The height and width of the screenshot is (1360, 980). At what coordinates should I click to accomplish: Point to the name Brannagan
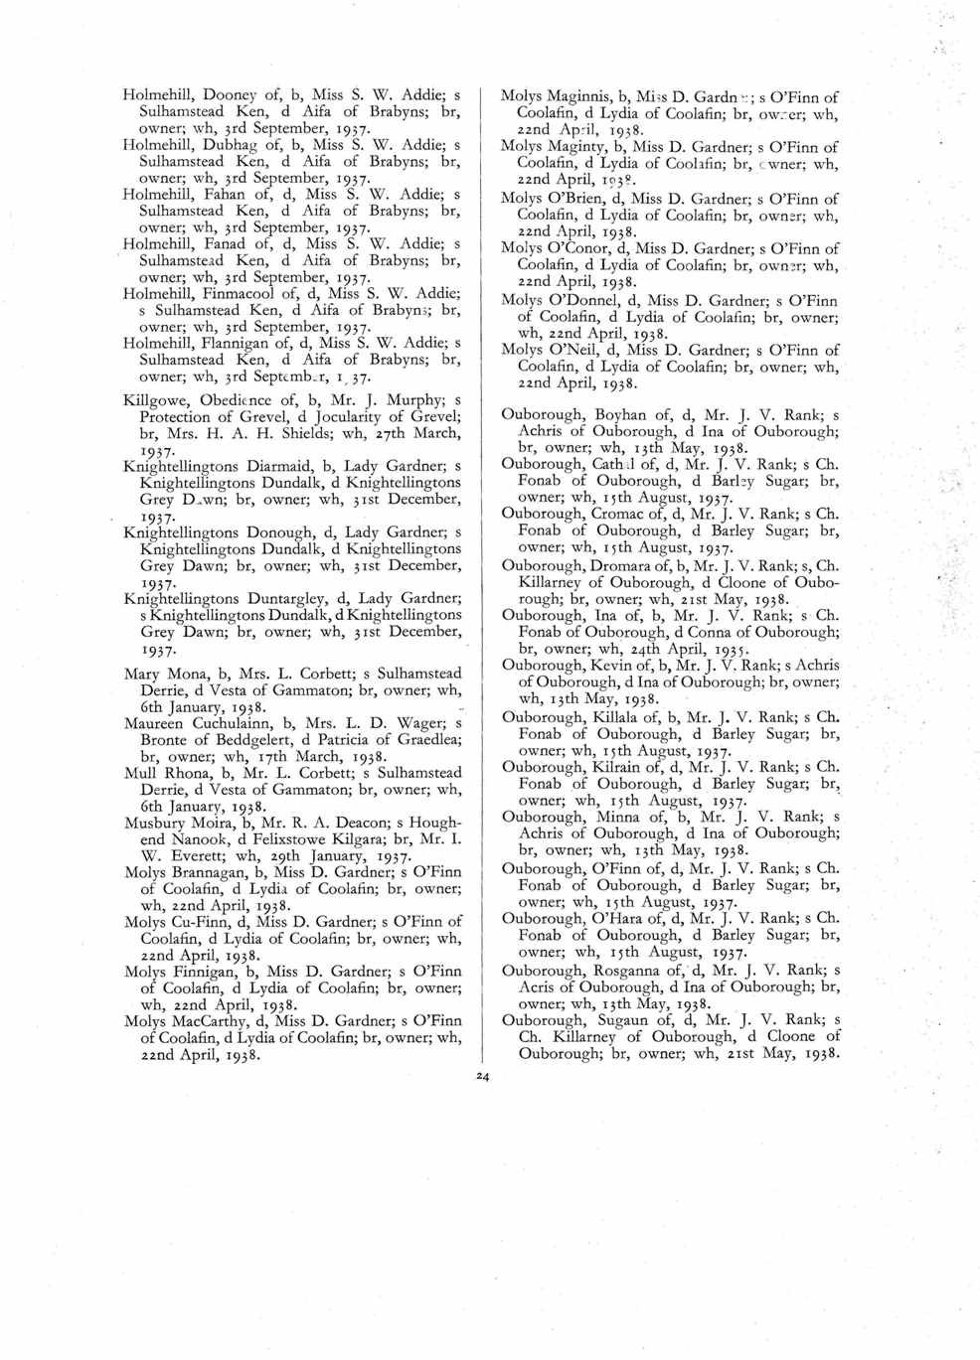point(208,872)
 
